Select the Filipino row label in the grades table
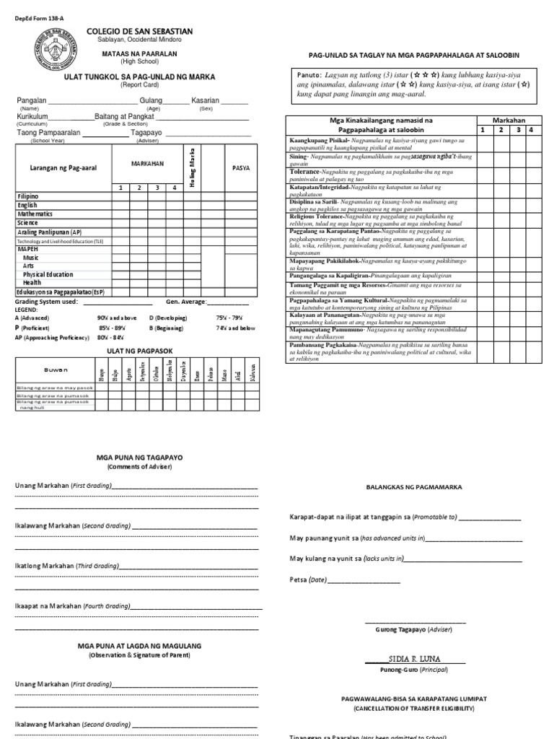[29, 196]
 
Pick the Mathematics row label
[36, 214]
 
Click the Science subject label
[28, 224]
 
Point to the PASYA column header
[242, 167]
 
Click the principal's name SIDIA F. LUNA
[413, 659]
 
